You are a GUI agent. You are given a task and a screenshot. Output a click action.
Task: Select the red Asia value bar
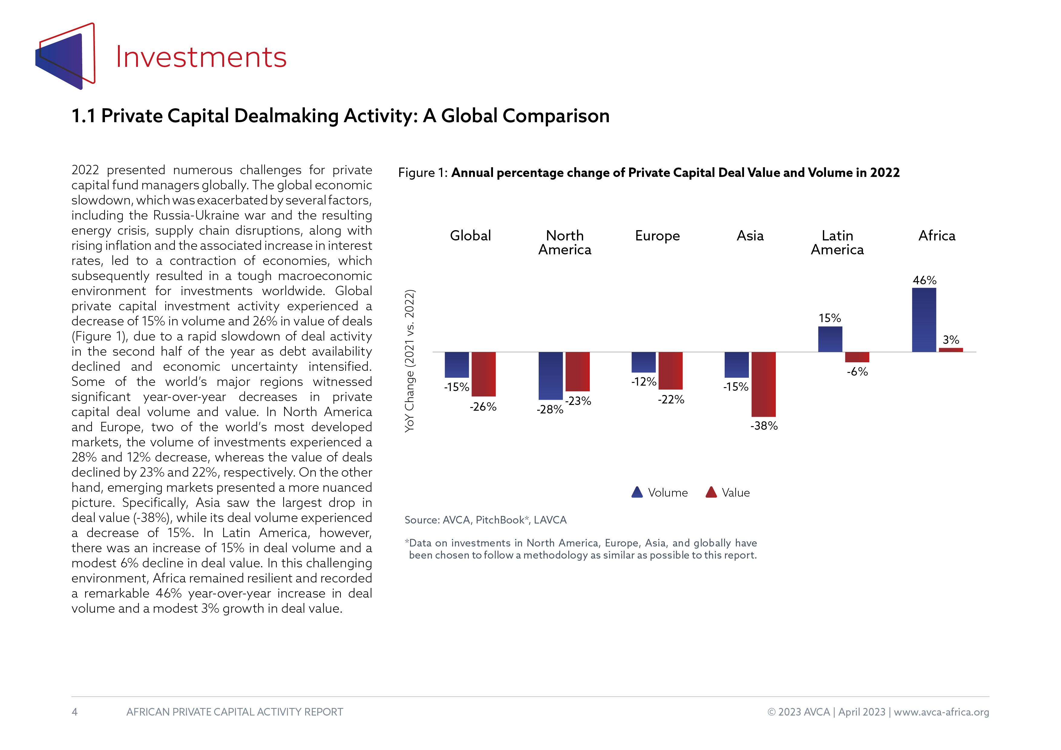click(763, 384)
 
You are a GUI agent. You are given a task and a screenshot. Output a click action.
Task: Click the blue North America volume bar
click(550, 376)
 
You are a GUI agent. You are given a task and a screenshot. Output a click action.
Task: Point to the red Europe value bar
click(671, 370)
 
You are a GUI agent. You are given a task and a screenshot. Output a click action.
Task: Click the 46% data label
click(924, 280)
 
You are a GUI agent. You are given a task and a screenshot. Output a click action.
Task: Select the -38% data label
click(764, 426)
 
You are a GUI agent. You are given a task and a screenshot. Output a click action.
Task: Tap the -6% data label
click(857, 372)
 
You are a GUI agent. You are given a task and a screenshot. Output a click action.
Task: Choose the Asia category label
click(750, 236)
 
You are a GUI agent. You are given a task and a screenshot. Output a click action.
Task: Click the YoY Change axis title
click(410, 361)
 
